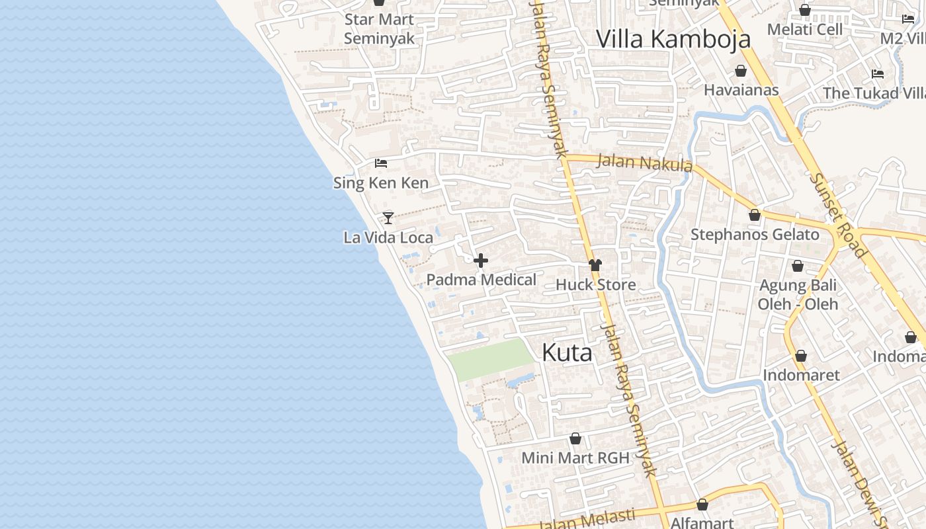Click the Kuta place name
(567, 353)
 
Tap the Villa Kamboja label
(673, 39)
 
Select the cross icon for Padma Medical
(481, 261)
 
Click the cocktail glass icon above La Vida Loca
(388, 218)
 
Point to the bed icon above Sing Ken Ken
(381, 163)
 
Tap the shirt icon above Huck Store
(595, 265)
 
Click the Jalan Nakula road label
(644, 162)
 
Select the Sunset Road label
(837, 215)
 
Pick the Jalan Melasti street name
(587, 519)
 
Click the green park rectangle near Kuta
(490, 359)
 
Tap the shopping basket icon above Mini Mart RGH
(575, 438)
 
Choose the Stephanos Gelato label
(755, 235)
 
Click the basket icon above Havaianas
(741, 71)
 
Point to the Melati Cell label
(805, 30)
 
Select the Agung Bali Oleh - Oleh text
(798, 295)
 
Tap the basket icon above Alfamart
(702, 505)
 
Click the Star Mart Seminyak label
(379, 29)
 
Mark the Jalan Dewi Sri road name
(857, 483)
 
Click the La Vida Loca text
(388, 237)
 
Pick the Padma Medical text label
(481, 280)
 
